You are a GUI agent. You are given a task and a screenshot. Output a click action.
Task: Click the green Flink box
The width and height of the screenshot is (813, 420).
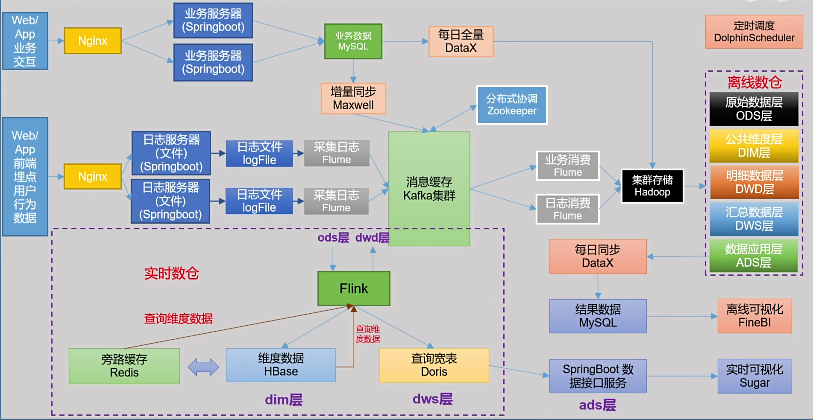(353, 289)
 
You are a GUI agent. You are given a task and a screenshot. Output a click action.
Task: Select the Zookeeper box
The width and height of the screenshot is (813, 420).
(512, 105)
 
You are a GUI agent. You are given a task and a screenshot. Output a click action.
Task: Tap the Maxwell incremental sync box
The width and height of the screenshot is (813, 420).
(353, 99)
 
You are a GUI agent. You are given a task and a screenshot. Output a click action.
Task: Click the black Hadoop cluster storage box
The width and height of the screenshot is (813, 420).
(652, 186)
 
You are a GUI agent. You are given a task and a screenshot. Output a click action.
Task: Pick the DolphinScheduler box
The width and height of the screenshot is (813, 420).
(754, 32)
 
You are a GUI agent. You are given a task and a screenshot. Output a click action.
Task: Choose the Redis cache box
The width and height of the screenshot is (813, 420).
(124, 366)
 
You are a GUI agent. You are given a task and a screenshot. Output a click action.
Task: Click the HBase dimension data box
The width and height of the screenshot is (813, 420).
(281, 365)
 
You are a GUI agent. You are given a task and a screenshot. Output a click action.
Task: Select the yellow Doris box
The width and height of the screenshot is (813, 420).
(434, 365)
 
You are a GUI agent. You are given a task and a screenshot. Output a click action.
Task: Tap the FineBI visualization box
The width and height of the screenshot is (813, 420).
(754, 316)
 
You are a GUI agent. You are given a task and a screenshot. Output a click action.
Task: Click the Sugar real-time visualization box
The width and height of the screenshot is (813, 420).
(754, 376)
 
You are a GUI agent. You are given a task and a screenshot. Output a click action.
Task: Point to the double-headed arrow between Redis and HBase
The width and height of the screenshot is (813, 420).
(203, 367)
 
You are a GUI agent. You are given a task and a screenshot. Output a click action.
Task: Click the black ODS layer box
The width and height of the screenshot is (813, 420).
(754, 109)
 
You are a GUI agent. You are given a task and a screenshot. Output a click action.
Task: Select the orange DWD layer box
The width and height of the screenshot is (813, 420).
(754, 182)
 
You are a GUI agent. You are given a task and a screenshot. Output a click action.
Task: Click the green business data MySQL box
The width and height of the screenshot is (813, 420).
(353, 41)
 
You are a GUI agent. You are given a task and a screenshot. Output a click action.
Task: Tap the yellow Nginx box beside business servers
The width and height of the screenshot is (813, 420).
(93, 41)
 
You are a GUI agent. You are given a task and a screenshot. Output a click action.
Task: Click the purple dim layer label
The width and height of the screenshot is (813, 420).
(283, 400)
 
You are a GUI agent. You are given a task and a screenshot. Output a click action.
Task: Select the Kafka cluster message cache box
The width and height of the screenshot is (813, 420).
(429, 189)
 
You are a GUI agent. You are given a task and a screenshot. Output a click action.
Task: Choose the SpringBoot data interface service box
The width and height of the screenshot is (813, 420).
(598, 376)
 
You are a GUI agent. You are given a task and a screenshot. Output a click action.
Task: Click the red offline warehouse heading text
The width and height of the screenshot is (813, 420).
(754, 82)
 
